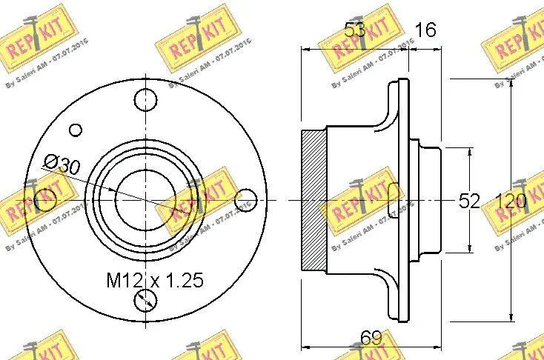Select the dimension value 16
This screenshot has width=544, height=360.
pos(425,30)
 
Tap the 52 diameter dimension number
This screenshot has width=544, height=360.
pos(469,201)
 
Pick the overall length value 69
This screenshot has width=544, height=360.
pos(371,339)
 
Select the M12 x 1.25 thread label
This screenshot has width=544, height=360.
pos(154,280)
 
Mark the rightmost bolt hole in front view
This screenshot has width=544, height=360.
pos(245,200)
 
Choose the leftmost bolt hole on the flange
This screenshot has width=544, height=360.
pos(45,199)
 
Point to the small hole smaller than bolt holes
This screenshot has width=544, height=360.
pos(76,130)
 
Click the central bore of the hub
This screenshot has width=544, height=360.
pos(145,200)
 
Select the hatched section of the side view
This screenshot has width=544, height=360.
pos(313,200)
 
